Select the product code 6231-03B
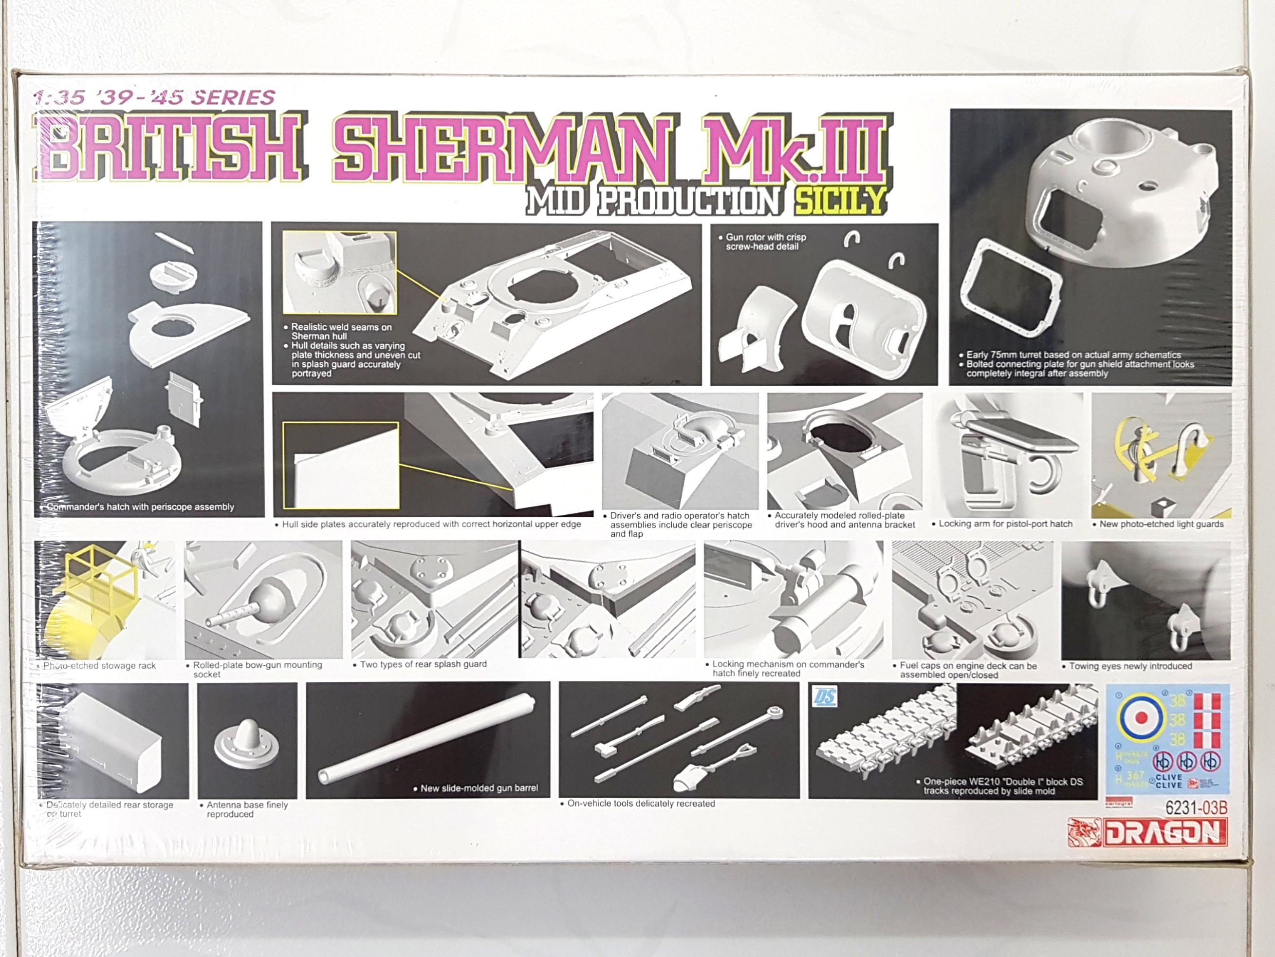[x=1196, y=807]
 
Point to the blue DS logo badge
[x=825, y=696]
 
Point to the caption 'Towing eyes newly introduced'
[x=1130, y=666]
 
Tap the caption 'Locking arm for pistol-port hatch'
[x=1005, y=524]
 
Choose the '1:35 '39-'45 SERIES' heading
[x=154, y=97]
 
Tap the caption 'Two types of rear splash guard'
[x=423, y=664]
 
